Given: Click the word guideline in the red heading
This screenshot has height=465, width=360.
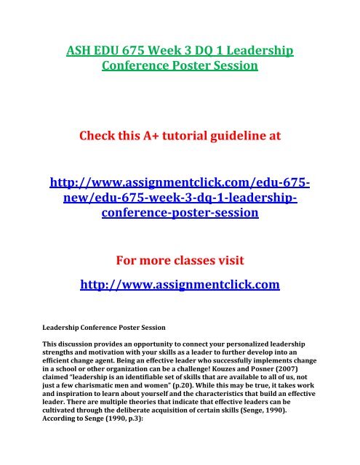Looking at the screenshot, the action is point(260,132).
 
